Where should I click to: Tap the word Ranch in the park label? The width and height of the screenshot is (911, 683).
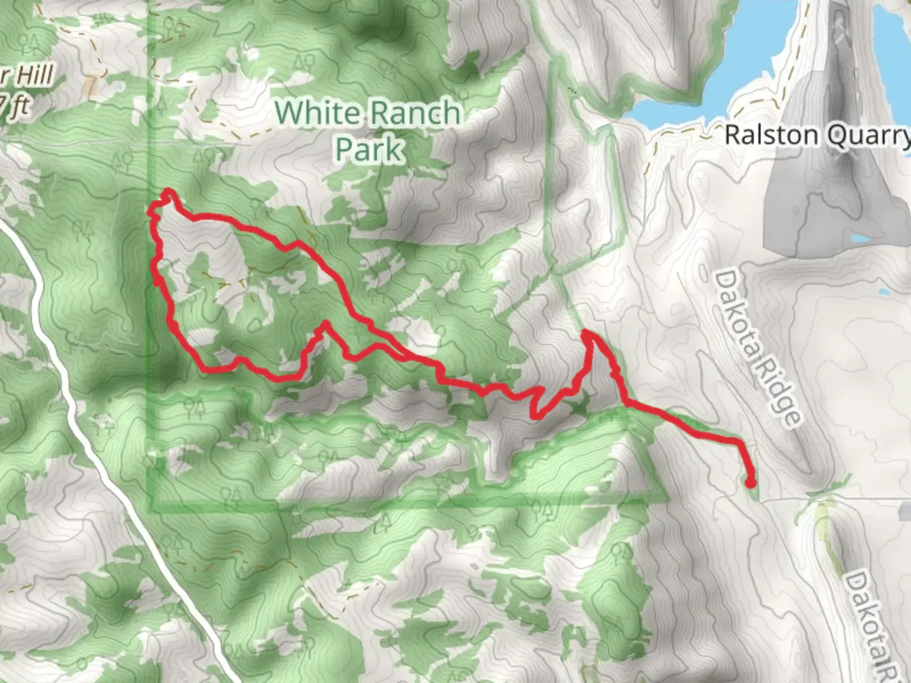[x=414, y=113]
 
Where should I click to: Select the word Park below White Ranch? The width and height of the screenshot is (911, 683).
[x=369, y=149]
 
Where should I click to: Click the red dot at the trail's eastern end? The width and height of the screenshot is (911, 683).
[x=750, y=483]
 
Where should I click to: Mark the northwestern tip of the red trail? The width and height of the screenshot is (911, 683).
[x=168, y=191]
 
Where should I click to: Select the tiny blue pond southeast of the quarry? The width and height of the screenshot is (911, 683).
[x=884, y=292]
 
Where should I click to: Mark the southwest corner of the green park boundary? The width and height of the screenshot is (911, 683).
[x=152, y=508]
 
